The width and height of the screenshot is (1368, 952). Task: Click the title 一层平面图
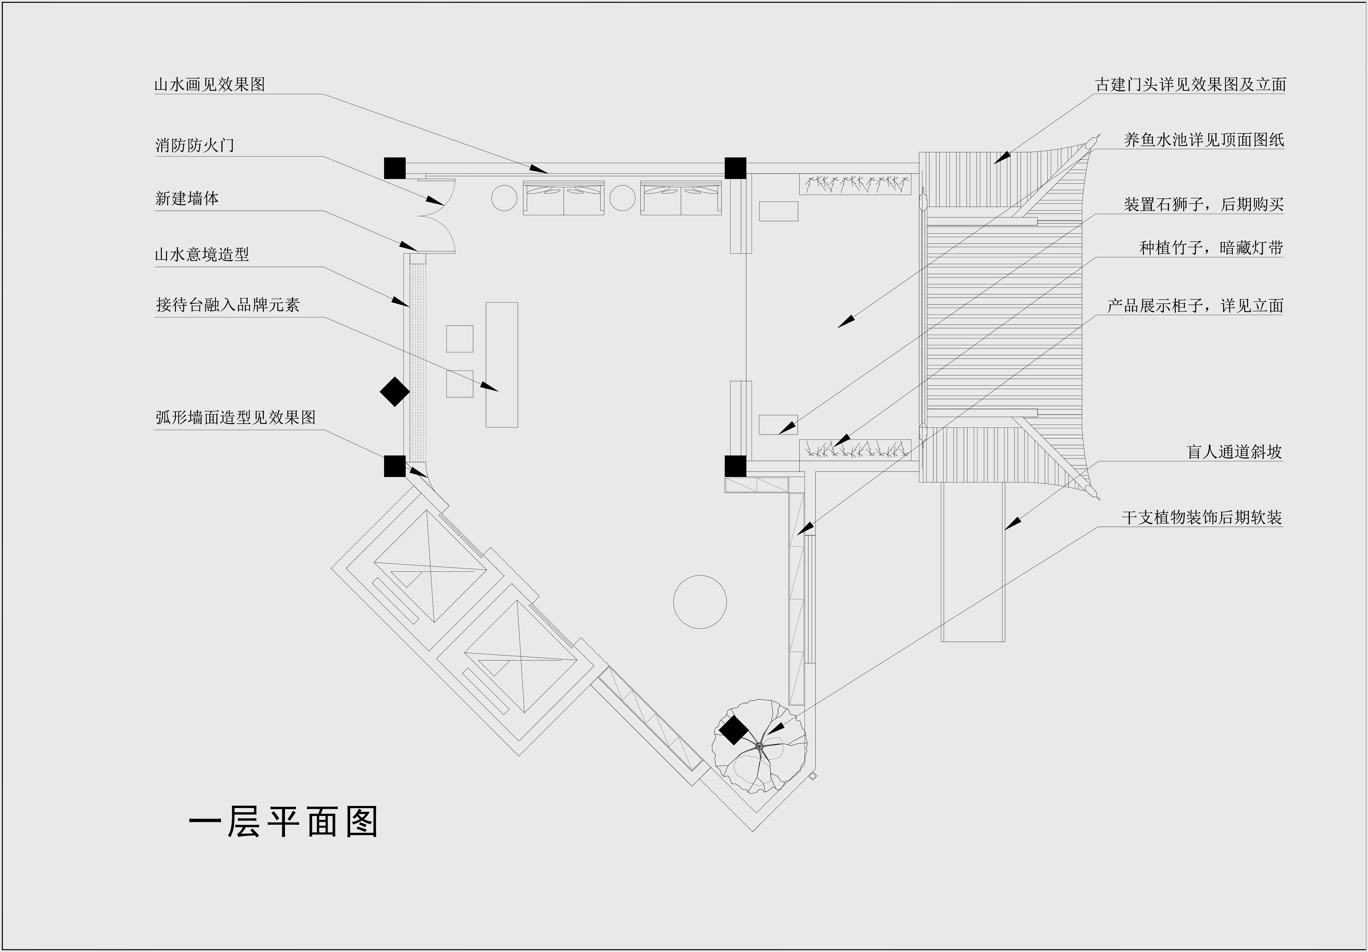284,823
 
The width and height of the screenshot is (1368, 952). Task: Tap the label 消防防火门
195,145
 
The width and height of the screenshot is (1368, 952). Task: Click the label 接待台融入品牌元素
227,305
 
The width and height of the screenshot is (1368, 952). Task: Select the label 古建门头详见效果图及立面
1190,85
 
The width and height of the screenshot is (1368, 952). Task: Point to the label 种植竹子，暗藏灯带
1211,248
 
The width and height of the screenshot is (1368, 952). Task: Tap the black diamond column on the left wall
394,391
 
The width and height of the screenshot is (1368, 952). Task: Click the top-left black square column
394,168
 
